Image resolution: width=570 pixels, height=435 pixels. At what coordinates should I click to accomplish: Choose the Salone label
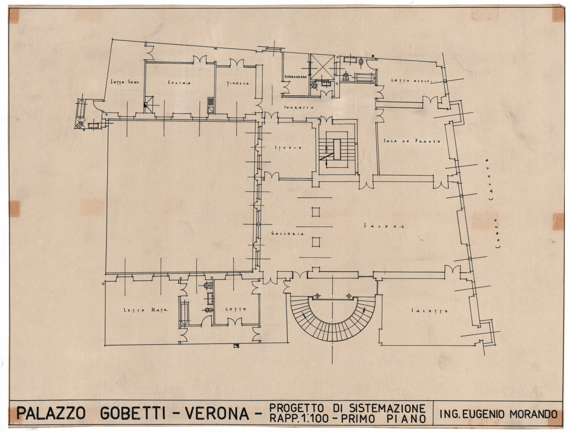click(x=384, y=226)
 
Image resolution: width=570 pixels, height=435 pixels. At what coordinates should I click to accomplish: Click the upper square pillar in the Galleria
click(x=316, y=212)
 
